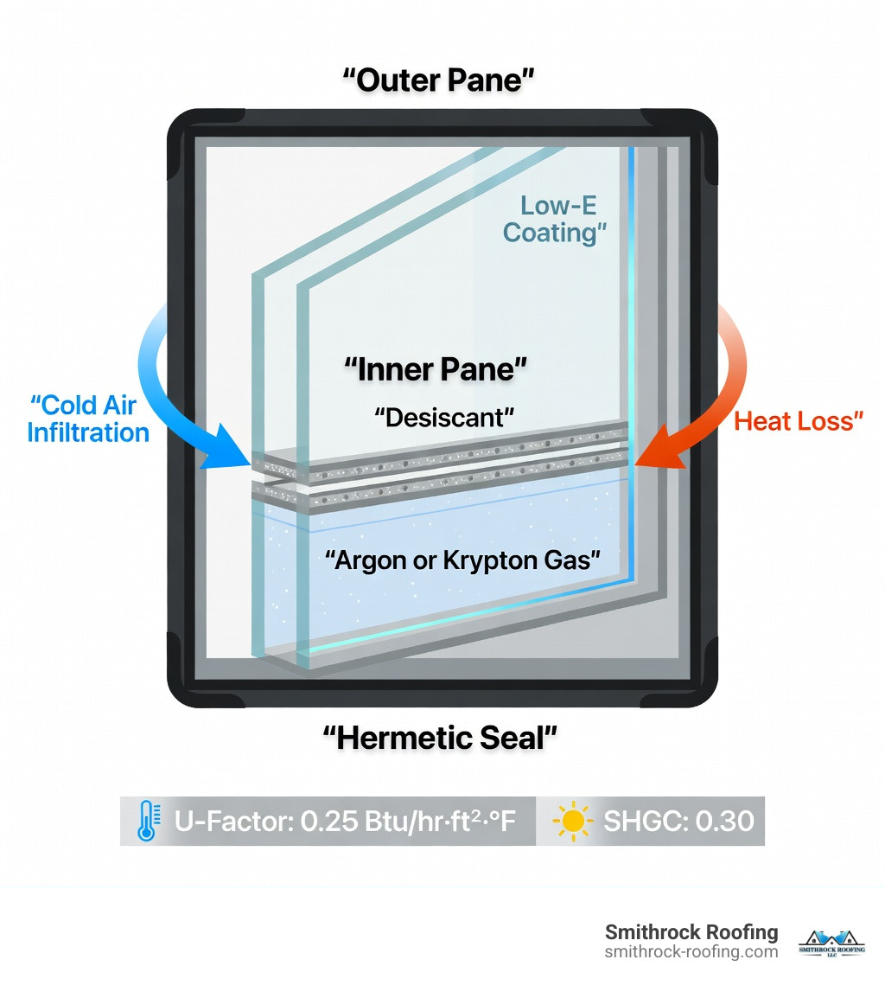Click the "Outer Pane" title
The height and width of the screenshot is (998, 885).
pos(439,80)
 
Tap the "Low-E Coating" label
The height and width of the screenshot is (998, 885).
pos(552,220)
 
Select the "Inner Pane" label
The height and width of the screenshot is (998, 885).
pos(436,369)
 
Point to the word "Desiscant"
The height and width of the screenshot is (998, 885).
pos(444,417)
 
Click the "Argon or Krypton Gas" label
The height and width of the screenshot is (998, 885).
pos(462,560)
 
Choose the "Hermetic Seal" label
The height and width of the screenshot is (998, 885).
pos(440,738)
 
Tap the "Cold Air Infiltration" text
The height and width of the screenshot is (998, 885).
pos(88,418)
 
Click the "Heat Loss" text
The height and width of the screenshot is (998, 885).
pos(799,421)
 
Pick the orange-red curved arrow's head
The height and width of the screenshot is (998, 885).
pos(654,457)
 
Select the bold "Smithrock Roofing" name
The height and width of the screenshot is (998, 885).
pos(691,932)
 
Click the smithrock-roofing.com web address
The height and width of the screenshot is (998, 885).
pos(691,951)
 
